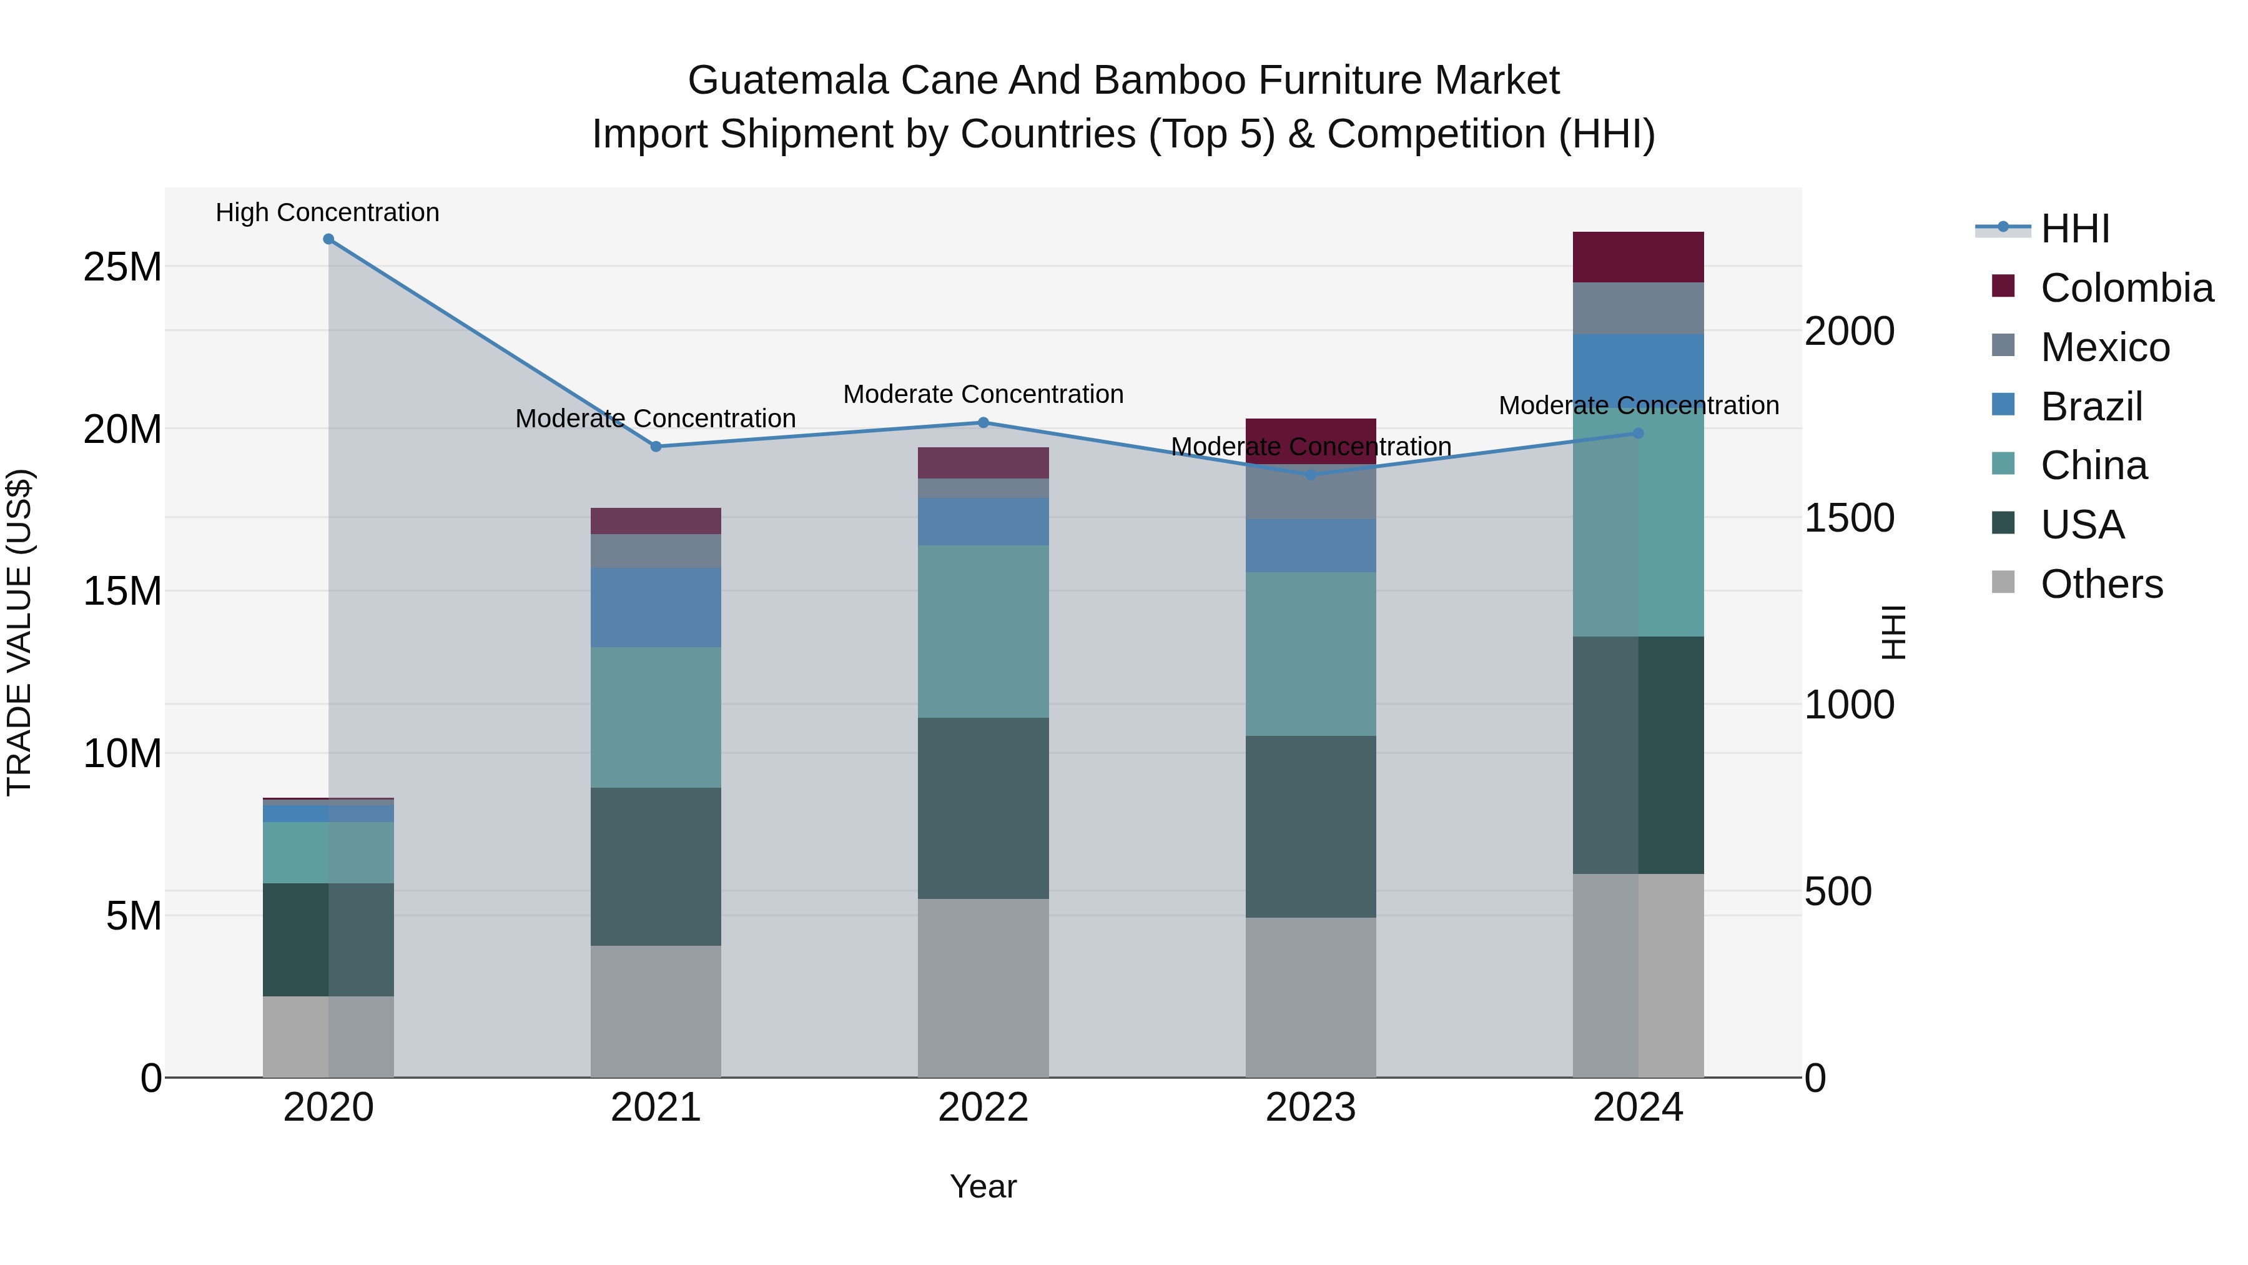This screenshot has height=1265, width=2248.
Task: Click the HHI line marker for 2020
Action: click(328, 239)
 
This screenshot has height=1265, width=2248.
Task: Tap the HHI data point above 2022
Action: click(983, 422)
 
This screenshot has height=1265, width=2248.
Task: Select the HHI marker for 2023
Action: click(1311, 475)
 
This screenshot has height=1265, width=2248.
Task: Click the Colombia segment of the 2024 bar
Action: click(1638, 257)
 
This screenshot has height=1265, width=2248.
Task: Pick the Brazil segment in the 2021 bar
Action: click(656, 608)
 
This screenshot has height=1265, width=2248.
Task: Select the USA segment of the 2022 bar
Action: click(983, 808)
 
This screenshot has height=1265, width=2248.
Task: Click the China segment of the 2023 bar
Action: click(1311, 654)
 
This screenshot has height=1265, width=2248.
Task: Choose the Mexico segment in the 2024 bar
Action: click(1638, 308)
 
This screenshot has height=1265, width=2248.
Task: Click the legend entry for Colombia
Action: click(2126, 288)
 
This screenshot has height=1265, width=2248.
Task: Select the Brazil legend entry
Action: click(2091, 407)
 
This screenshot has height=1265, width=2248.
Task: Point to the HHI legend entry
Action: click(2074, 229)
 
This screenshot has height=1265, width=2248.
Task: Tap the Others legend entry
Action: click(2101, 584)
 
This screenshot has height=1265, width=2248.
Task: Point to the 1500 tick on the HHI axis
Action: click(1849, 518)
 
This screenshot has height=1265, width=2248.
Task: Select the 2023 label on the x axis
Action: click(1311, 1108)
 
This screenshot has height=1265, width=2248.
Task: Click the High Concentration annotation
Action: click(327, 213)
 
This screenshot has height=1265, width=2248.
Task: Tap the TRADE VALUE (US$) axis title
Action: click(19, 632)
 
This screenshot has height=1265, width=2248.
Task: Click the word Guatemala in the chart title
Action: click(787, 81)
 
